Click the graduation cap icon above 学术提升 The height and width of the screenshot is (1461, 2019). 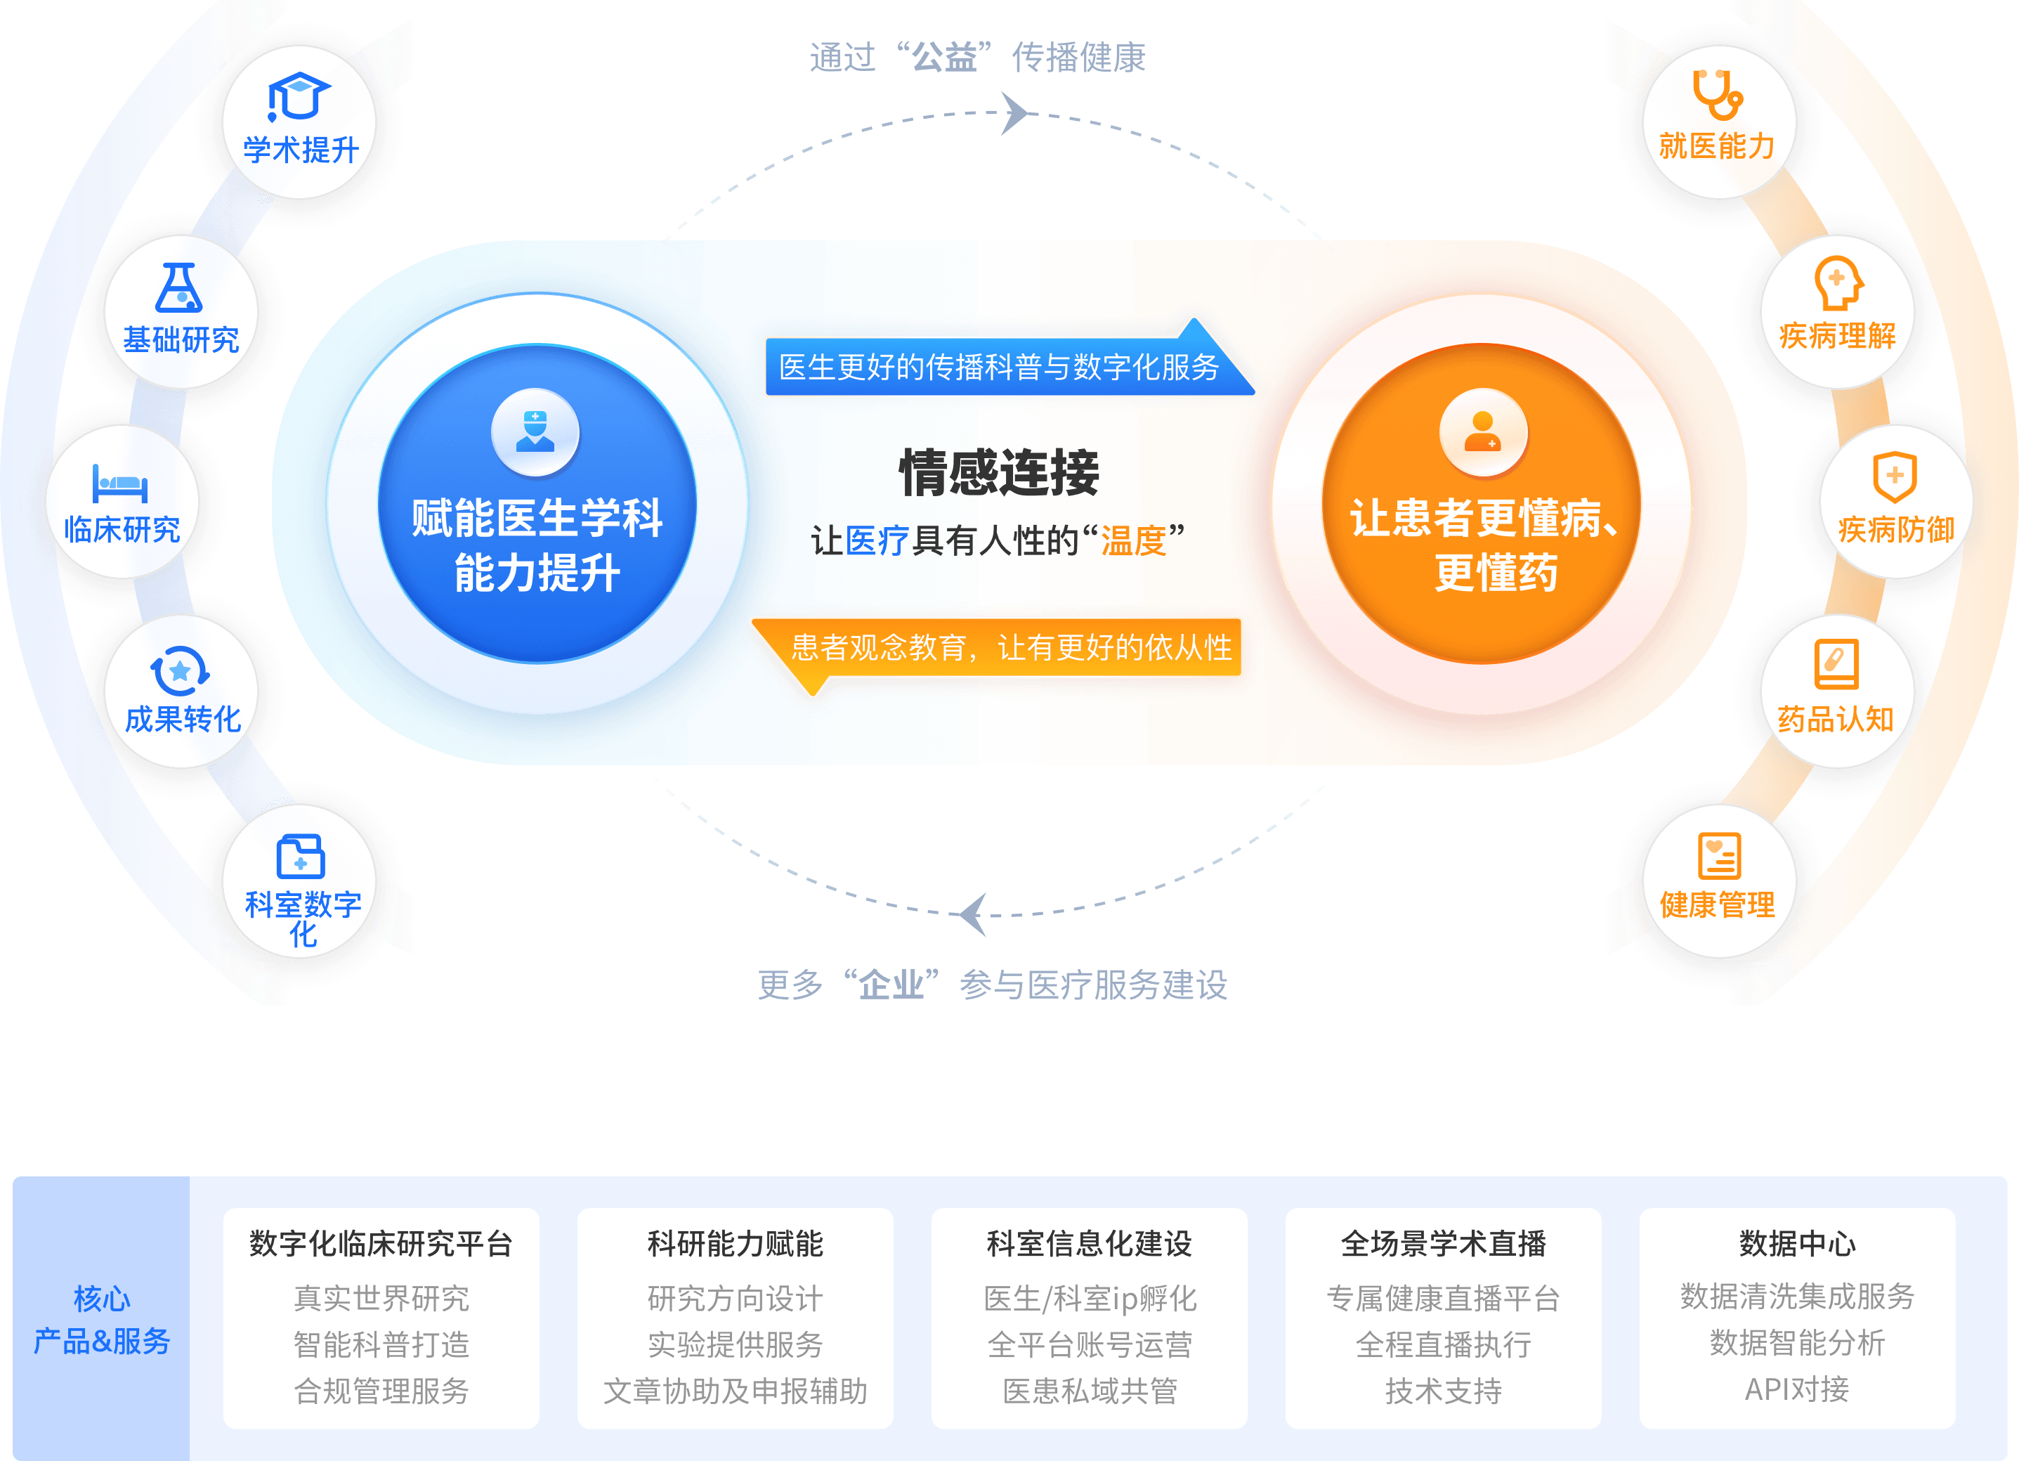pos(299,96)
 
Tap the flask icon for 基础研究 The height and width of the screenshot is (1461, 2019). pos(179,287)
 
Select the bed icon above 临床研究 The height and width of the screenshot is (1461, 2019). pos(120,483)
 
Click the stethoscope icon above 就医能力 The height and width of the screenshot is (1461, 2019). pos(1717,94)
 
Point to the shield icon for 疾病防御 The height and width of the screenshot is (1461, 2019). pos(1895,476)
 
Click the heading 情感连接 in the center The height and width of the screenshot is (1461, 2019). pos(999,473)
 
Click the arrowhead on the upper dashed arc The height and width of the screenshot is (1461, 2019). pos(1015,113)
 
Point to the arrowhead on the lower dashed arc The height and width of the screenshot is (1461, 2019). pos(973,914)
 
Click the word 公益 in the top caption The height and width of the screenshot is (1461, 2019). pos(944,58)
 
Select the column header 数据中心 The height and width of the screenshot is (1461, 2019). pos(1797,1243)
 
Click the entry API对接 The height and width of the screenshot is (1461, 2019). pos(1796,1389)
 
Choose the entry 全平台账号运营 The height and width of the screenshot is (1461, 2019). pos(1090,1344)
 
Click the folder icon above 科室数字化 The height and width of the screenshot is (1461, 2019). pos(300,857)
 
